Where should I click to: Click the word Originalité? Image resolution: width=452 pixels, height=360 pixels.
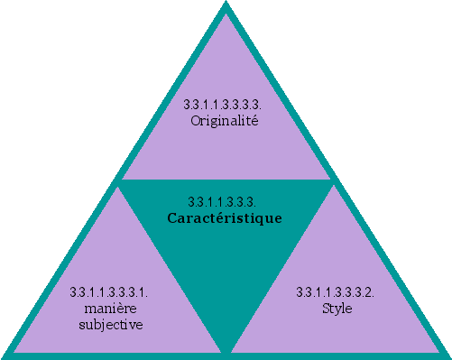[226, 121]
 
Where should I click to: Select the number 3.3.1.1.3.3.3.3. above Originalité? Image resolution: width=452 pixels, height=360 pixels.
[226, 106]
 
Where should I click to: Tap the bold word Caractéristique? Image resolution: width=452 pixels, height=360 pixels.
[226, 217]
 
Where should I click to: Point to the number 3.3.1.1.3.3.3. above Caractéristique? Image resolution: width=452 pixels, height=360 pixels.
[226, 202]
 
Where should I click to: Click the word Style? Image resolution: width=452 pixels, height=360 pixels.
[337, 308]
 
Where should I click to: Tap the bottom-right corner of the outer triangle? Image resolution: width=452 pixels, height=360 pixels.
[447, 355]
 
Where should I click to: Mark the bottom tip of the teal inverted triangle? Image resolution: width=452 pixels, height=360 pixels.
[226, 347]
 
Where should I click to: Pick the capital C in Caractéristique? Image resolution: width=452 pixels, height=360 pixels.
[172, 217]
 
